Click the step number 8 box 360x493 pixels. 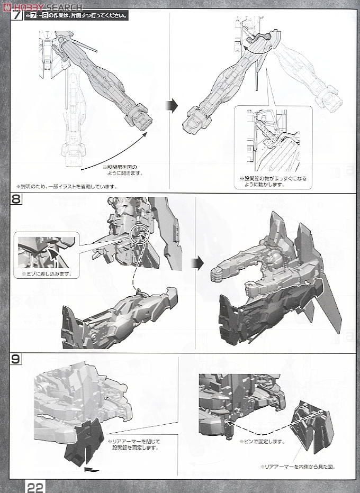point(16,200)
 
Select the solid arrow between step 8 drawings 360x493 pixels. point(197,263)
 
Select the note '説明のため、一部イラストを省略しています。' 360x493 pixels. point(66,186)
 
